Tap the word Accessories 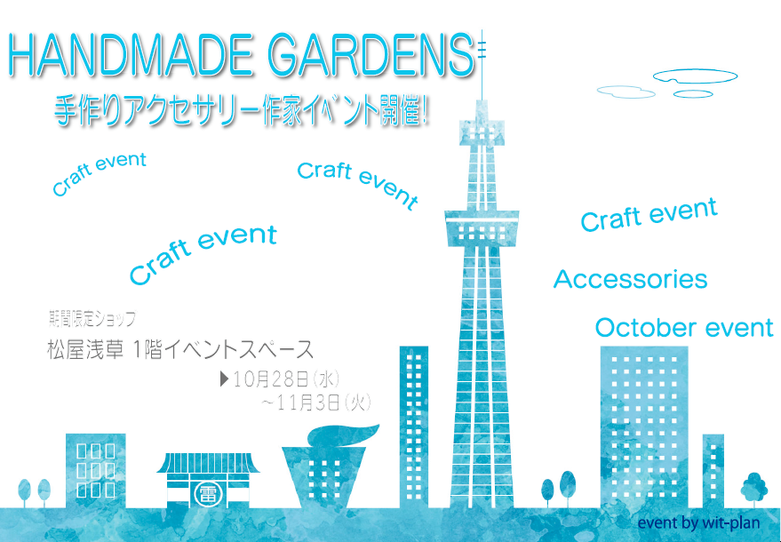(630, 279)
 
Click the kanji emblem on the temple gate (204, 494)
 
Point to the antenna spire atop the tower (482, 65)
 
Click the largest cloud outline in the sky (695, 76)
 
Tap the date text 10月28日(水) (286, 379)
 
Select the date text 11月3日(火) (323, 403)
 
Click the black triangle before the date (224, 379)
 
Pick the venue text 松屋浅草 (85, 349)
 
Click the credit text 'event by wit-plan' (698, 522)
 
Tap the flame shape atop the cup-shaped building (343, 436)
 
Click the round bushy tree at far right (754, 487)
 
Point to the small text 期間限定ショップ (92, 319)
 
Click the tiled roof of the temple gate (208, 463)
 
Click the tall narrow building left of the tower (414, 426)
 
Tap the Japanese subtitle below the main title (241, 109)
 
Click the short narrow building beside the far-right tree (713, 471)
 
